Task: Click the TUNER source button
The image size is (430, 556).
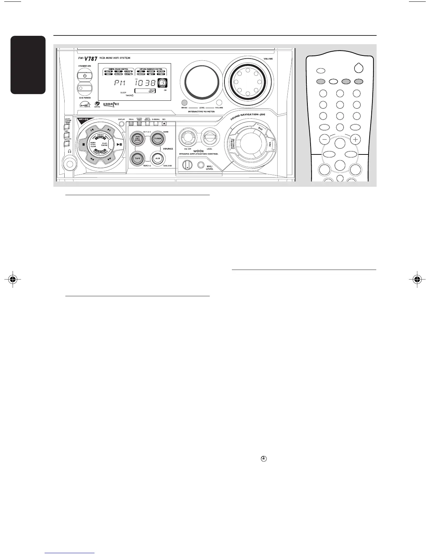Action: point(158,139)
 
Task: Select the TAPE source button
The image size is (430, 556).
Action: point(137,159)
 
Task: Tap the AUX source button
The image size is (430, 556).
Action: point(158,159)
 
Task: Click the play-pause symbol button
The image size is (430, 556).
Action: point(119,144)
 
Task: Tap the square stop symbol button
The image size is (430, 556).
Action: point(84,144)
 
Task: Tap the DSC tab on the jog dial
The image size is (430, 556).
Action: point(260,129)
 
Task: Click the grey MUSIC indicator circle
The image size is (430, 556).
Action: point(184,102)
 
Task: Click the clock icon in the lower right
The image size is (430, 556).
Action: point(263,459)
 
